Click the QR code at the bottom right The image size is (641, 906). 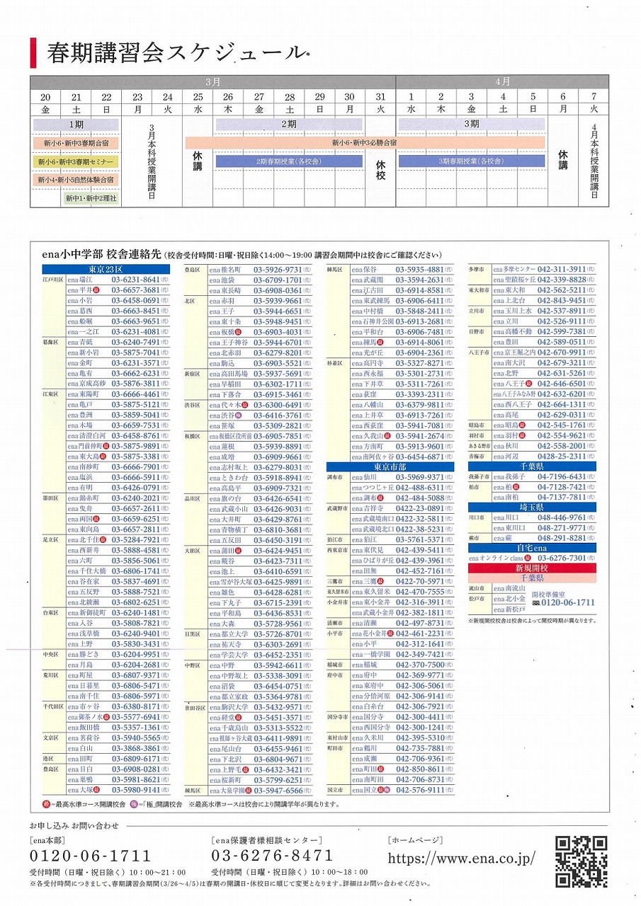[x=580, y=861]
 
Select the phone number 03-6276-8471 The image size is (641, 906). [x=272, y=856]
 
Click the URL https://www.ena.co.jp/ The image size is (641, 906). [x=461, y=857]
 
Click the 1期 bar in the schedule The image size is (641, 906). [x=76, y=125]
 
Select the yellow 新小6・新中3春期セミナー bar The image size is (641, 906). [x=76, y=162]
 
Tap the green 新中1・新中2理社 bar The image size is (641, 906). [x=91, y=199]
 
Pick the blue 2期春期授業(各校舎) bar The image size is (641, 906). [x=290, y=161]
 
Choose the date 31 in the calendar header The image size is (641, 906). [x=380, y=97]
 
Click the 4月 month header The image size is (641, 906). [x=501, y=81]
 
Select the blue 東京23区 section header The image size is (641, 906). [x=106, y=270]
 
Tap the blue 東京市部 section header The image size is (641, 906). [x=390, y=467]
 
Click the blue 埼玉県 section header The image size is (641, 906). [x=531, y=508]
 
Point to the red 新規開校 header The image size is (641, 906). [x=531, y=568]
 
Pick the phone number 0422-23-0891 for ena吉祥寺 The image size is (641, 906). [x=420, y=508]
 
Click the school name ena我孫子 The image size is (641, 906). [x=509, y=477]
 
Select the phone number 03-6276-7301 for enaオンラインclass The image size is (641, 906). [x=562, y=558]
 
